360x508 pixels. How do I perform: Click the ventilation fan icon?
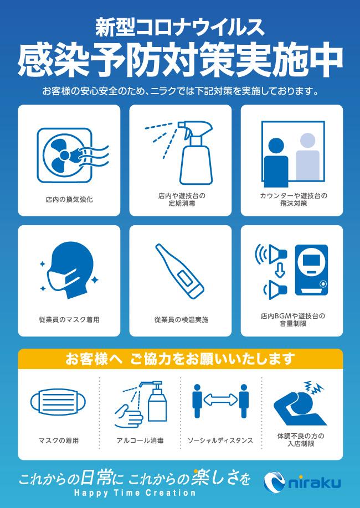pos(73,155)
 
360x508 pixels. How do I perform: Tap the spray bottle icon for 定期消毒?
pos(194,153)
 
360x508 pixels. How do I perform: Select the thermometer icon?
pos(179,271)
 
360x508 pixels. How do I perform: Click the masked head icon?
pos(70,271)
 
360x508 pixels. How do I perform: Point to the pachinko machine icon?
pos(311,270)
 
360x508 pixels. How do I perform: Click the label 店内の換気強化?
pos(69,200)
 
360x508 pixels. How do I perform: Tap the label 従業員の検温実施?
pos(181,320)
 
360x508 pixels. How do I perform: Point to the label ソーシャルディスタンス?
pos(220,440)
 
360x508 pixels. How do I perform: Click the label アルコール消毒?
pos(140,440)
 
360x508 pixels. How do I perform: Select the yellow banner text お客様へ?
pos(94,359)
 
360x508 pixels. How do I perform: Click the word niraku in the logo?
pos(315,483)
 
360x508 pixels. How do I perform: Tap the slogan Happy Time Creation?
pos(135,494)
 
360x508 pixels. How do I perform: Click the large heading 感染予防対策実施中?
pos(180,61)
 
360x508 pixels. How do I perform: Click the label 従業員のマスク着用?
pos(69,320)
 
